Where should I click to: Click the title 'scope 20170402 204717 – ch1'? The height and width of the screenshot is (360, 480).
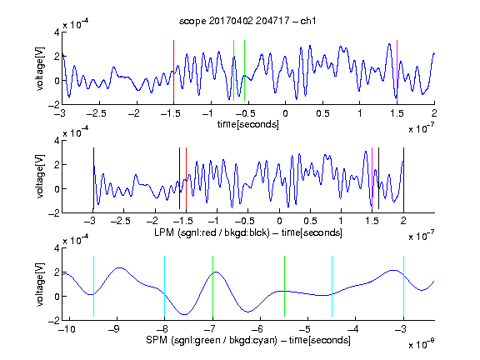[247, 21]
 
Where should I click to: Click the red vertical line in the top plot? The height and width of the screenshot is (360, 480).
[173, 71]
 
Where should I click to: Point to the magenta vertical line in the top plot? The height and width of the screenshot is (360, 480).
[397, 71]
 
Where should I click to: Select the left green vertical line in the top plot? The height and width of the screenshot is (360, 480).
[233, 70]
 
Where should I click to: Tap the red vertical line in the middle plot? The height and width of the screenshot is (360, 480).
[186, 178]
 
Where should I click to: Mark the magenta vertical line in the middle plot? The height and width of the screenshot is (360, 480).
[372, 178]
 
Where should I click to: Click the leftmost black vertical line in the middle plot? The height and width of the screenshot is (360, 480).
[93, 178]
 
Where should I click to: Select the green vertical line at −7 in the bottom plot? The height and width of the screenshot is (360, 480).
[212, 286]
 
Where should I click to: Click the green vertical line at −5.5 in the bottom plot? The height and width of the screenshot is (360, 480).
[284, 286]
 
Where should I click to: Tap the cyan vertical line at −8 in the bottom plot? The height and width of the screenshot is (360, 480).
[165, 286]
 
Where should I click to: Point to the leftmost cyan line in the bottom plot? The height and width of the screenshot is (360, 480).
[93, 286]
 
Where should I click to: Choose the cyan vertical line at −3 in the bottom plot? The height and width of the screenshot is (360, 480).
[404, 286]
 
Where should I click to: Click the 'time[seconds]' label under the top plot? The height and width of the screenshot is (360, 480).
[248, 124]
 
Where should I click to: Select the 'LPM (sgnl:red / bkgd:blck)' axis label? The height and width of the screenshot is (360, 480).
[212, 232]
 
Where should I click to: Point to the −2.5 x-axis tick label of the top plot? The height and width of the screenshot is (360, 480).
[96, 114]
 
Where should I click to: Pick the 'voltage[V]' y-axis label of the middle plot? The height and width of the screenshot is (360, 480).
[40, 177]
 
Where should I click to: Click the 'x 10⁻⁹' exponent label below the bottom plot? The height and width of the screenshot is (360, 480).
[421, 344]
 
